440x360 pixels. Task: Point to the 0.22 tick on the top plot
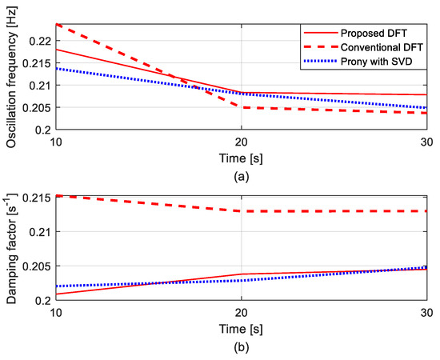click(39, 40)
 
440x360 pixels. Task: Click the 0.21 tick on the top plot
click(39, 85)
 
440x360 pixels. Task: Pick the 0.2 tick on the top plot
click(42, 130)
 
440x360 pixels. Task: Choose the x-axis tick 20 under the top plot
click(242, 140)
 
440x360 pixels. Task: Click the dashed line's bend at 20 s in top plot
click(242, 107)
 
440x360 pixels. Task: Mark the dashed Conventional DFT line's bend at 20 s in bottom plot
click(242, 211)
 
